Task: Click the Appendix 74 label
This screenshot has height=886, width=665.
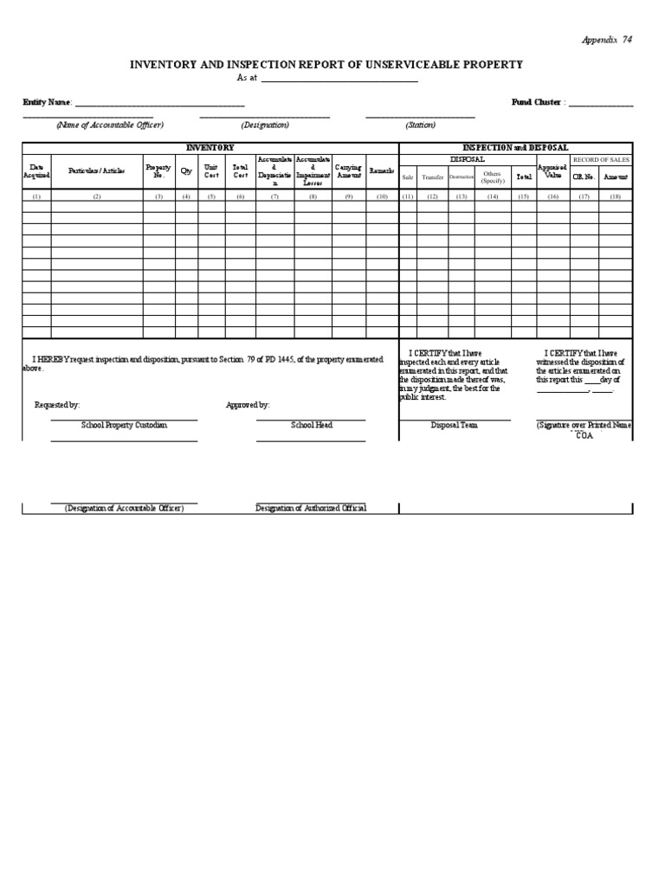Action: coord(606,40)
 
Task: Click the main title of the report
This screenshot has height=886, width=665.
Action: coord(326,65)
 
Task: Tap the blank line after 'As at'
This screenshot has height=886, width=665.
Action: coord(339,79)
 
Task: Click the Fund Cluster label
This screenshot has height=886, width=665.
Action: coord(536,102)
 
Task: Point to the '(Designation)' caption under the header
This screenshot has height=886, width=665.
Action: coord(265,125)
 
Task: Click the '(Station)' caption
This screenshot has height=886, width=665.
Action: coord(420,125)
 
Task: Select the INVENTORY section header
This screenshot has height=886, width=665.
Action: coord(210,148)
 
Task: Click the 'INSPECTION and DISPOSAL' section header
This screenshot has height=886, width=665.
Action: coord(515,148)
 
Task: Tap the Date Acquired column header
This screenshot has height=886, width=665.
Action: coord(36,171)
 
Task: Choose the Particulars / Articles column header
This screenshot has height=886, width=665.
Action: coord(97,171)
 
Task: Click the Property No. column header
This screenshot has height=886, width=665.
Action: coord(158,171)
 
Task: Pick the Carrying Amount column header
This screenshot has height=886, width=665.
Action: coord(348,171)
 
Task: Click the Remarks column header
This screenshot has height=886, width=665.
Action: coord(382,171)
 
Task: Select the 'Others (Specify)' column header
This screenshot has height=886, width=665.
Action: coord(493,177)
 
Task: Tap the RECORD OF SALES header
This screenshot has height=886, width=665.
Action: coord(601,160)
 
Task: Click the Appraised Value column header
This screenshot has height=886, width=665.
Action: coord(552,171)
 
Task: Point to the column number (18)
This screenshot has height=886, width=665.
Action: coord(616,196)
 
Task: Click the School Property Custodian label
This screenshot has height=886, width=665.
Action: coord(124,425)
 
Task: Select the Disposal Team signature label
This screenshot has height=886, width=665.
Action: coord(454,425)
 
